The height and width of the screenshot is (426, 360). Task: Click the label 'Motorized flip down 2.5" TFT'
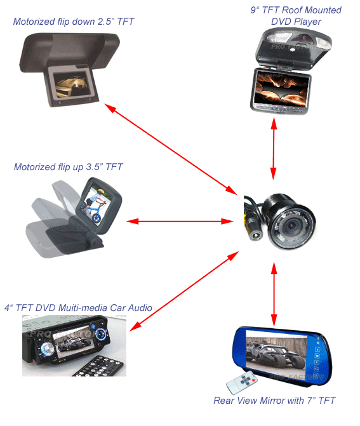[x=74, y=22]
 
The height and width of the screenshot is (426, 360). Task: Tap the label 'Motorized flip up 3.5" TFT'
[x=68, y=167]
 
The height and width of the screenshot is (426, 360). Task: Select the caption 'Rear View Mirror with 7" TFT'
[x=274, y=401]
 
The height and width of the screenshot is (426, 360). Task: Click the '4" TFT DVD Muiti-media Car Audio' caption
[x=78, y=308]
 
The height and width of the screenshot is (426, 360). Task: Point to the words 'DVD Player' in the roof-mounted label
[x=296, y=22]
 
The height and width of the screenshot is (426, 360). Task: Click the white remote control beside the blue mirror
[x=242, y=382]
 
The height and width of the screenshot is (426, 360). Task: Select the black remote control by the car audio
[x=99, y=366]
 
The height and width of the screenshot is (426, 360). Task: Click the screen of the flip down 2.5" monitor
[x=71, y=84]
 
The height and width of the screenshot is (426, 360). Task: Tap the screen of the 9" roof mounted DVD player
[x=282, y=89]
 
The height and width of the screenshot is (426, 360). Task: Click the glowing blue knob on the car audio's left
[x=47, y=349]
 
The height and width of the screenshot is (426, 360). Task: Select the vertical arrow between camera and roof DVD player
[x=274, y=149]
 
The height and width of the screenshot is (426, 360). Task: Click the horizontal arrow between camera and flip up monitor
[x=180, y=222]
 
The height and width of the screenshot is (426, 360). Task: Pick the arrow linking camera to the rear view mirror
[x=274, y=294]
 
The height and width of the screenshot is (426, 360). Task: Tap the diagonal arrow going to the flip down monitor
[x=171, y=149]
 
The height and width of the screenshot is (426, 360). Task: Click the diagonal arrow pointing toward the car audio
[x=184, y=291]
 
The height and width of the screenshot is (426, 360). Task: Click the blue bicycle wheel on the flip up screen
[x=97, y=217]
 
